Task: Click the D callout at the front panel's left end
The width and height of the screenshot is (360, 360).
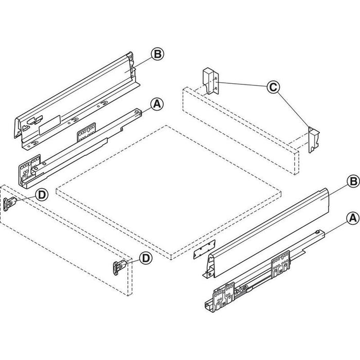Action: coord(43,194)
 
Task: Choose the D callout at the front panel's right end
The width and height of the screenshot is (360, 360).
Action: coord(147,258)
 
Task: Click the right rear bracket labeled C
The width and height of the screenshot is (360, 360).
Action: coord(314,139)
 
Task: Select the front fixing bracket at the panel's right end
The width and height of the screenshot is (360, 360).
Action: coord(119,266)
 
